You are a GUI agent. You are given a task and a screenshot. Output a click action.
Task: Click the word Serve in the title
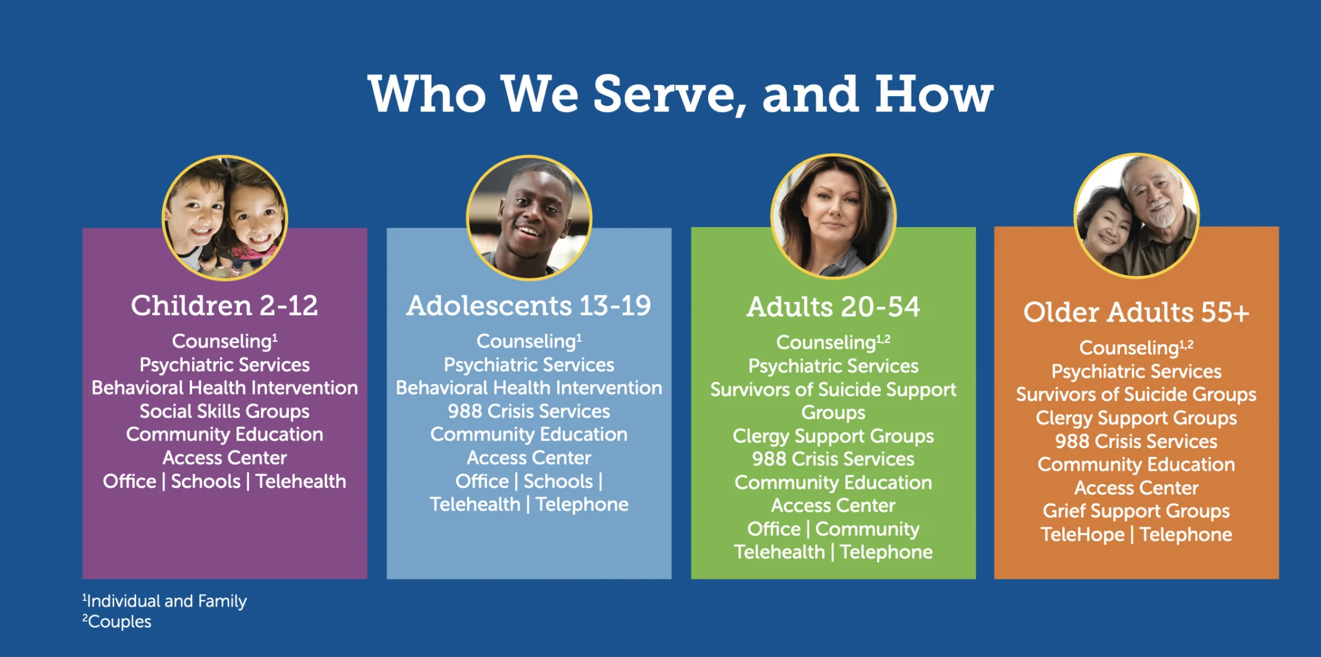point(664,94)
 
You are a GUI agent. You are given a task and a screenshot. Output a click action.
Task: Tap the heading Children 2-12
point(224,306)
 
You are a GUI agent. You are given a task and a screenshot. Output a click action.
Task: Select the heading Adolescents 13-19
point(529,306)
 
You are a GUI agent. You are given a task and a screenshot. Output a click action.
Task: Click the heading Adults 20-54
point(833,307)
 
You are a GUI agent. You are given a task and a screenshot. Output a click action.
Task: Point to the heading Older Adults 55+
point(1137,313)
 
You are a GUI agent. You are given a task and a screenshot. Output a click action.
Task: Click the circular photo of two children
point(224,217)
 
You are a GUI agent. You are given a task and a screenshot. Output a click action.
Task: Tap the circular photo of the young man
point(529,217)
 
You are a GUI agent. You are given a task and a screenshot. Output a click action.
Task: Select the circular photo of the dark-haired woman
point(833,216)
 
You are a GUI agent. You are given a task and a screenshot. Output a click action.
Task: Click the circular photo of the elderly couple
point(1137,215)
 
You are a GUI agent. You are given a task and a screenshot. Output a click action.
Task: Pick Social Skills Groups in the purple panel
point(224,411)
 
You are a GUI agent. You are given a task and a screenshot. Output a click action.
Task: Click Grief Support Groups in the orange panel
point(1137,511)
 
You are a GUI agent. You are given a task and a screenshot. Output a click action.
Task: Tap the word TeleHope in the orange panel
point(1082,534)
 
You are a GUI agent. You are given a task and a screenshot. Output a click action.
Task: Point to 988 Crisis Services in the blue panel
point(529,411)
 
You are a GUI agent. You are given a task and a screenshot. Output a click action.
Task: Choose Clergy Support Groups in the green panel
point(833,436)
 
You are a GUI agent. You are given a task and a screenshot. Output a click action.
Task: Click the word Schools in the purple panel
point(206,482)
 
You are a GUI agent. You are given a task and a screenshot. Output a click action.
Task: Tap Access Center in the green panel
point(833,505)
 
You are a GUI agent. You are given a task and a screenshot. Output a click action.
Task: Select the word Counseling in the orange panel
point(1129,348)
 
